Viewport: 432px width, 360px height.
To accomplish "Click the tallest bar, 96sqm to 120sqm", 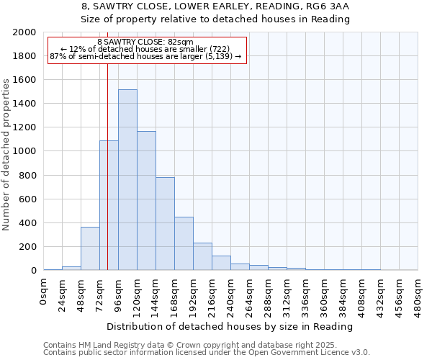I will pos(127,180).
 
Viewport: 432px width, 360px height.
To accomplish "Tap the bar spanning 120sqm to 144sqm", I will pos(146,201).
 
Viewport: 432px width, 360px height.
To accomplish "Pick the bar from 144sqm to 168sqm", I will pos(165,224).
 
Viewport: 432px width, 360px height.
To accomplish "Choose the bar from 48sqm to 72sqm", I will pos(90,249).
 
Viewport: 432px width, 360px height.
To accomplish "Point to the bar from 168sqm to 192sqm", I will pos(184,244).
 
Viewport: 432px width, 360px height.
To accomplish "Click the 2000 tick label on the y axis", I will pos(24,32).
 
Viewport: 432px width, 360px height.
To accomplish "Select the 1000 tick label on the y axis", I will pos(24,152).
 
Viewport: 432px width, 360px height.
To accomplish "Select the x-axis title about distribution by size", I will pos(230,326).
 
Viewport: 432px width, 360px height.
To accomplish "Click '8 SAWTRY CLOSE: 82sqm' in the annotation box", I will pos(145,42).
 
